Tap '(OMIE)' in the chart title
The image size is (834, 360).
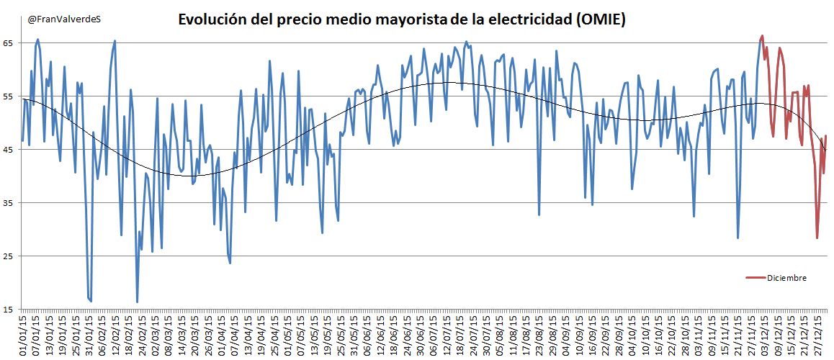pyautogui.click(x=600, y=20)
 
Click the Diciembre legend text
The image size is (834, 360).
pyautogui.click(x=786, y=278)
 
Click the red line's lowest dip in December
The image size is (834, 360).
pyautogui.click(x=817, y=238)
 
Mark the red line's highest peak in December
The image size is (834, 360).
pyautogui.click(x=762, y=35)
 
